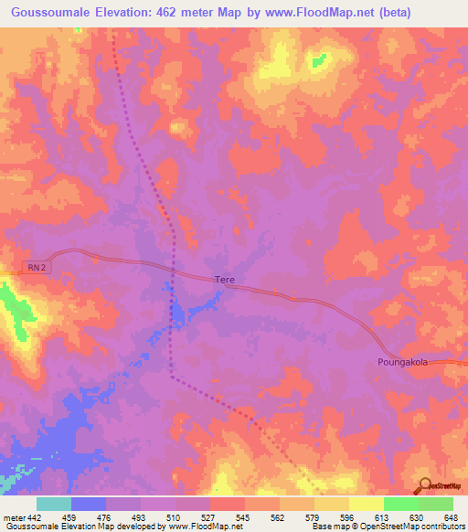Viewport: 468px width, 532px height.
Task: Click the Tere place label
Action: coord(225,280)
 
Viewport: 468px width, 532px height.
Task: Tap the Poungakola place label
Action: coord(403,362)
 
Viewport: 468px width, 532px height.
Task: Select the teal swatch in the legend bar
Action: coord(54,504)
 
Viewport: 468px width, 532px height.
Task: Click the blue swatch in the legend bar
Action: coord(89,504)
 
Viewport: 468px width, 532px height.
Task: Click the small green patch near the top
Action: coord(318,60)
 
